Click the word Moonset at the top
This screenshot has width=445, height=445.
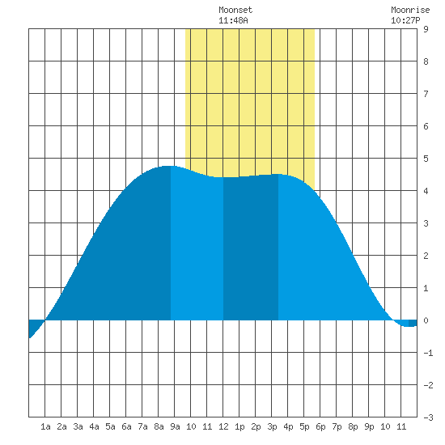tap(235, 10)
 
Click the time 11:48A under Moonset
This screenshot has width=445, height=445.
tap(233, 20)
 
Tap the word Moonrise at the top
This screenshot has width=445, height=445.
tap(410, 10)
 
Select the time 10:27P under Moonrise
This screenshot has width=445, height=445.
tap(405, 20)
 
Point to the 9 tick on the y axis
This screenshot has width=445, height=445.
tap(426, 29)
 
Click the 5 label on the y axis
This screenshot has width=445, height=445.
tap(426, 159)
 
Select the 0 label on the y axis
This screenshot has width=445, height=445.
tap(426, 320)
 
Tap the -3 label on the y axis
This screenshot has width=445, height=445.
tap(428, 417)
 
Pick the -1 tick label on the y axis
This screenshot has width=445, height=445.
tap(428, 353)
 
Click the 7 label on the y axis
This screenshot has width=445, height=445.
tap(426, 94)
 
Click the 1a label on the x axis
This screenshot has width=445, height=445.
tap(45, 426)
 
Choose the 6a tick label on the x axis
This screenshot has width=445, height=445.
tap(126, 426)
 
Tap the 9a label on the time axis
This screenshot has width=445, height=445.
tap(175, 426)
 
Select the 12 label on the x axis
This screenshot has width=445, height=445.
tap(223, 426)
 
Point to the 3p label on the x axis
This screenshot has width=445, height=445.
tap(272, 426)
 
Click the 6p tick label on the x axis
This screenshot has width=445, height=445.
tap(320, 426)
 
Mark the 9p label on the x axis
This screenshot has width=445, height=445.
tap(369, 426)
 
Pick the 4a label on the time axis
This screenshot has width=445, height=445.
tap(94, 426)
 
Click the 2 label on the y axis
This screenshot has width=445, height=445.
tap(426, 256)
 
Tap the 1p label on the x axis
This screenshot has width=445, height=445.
tap(239, 426)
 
